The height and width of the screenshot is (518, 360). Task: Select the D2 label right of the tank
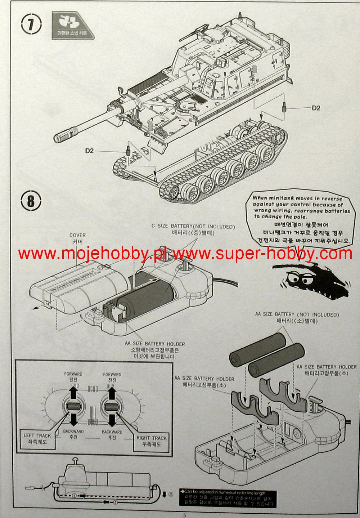[316, 108]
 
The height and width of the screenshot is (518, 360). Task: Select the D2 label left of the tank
[89, 151]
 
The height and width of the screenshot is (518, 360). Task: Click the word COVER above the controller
[77, 235]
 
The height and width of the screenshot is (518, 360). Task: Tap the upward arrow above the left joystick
[73, 392]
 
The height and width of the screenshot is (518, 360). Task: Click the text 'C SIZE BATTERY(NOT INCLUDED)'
[193, 227]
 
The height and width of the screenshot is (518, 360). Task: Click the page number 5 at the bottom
[184, 515]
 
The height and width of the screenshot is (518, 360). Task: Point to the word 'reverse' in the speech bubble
[332, 198]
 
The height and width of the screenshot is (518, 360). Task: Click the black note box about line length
[229, 499]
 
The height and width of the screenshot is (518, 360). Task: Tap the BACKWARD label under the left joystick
[73, 431]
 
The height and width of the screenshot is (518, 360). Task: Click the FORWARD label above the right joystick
[112, 375]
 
